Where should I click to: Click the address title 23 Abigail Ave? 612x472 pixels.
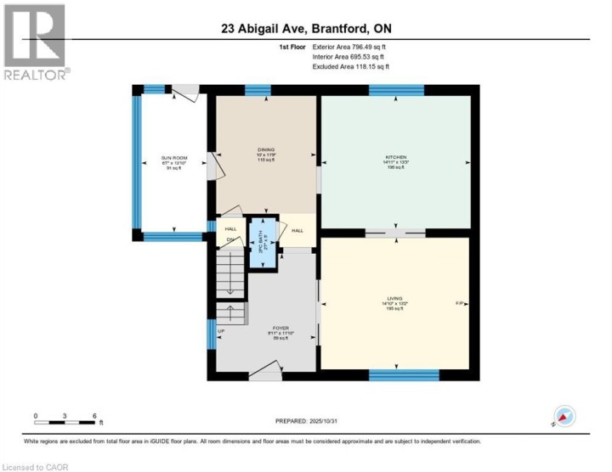(x=305, y=30)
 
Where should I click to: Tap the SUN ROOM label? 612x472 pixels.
(x=173, y=160)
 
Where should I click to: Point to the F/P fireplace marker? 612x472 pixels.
(x=460, y=303)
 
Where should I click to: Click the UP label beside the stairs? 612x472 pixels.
(x=221, y=331)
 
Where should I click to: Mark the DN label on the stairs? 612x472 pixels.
(x=229, y=240)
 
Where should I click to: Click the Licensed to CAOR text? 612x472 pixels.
(x=34, y=466)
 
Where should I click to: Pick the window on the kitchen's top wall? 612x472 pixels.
(x=396, y=90)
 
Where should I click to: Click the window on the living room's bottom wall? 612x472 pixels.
(x=404, y=374)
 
